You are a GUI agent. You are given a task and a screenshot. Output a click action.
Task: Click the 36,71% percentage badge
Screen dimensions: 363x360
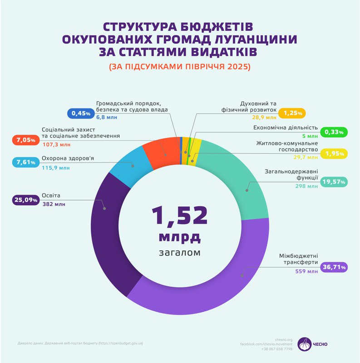(334, 267)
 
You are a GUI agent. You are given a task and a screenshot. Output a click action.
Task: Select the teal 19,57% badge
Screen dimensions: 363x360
(334, 182)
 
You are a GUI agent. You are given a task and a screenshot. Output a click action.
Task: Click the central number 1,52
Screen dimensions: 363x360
(180, 216)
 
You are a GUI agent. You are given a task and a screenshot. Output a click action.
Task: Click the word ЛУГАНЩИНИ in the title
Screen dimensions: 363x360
(247, 39)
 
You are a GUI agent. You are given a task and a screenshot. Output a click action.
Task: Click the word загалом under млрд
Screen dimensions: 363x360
(180, 252)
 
